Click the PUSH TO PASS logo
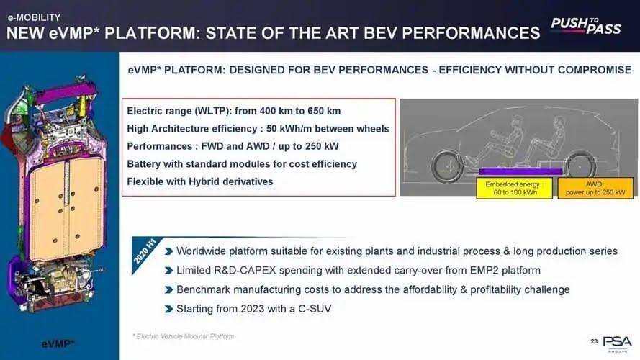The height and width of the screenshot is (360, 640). [586, 26]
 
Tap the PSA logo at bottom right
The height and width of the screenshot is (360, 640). [618, 343]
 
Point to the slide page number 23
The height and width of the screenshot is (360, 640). [594, 341]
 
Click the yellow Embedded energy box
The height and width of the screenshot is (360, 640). [514, 188]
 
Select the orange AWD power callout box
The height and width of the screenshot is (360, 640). [595, 188]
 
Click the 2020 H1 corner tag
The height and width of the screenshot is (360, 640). [145, 252]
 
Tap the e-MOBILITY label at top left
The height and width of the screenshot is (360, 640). [34, 17]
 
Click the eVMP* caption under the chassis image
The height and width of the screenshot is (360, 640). [58, 343]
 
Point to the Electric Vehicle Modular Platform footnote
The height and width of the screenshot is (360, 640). [184, 336]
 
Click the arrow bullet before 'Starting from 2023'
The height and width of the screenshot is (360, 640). [168, 309]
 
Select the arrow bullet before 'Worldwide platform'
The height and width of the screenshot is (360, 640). [168, 251]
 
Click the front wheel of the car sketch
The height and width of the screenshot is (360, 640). [447, 166]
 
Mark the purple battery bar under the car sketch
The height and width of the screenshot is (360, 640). [520, 171]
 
